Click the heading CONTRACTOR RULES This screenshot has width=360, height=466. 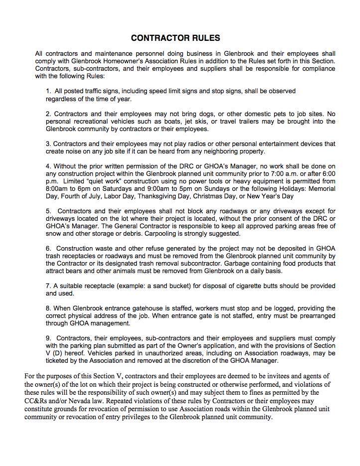[x=175, y=38]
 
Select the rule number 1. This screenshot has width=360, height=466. [x=48, y=91]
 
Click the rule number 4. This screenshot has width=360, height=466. [x=48, y=166]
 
